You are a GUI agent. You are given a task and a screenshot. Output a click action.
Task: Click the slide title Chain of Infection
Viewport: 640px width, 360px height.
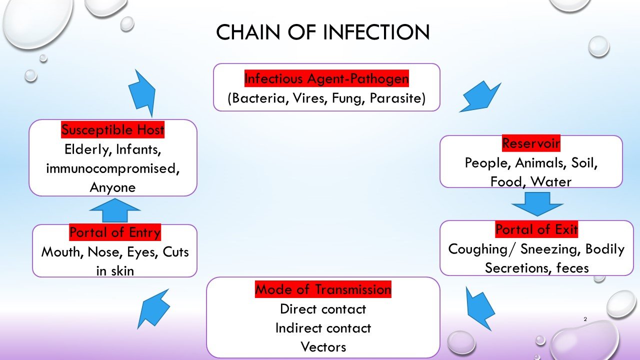[x=322, y=32]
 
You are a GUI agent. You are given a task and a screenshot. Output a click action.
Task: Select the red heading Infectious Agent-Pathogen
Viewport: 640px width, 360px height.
[x=326, y=79]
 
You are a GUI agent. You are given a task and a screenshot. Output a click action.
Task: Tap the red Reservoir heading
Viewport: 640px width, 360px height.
[x=531, y=143]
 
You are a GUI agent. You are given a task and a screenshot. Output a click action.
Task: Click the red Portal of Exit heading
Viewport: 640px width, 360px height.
[x=536, y=230]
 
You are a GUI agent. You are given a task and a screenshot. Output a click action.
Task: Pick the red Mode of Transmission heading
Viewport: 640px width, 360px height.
[x=323, y=289]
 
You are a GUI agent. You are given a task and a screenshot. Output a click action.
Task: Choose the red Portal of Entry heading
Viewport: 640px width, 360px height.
[x=115, y=232]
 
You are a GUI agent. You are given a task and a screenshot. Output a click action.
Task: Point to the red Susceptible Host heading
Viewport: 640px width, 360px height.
[x=113, y=130]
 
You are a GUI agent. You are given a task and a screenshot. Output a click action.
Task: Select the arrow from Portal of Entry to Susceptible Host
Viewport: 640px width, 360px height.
[x=114, y=210]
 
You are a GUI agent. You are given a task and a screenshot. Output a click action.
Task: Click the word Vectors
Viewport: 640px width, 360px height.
[x=323, y=346]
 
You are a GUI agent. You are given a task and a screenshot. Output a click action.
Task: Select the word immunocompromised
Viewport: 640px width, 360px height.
[x=113, y=168]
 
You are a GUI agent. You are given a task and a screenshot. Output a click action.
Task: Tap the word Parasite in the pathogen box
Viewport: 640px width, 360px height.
[x=397, y=98]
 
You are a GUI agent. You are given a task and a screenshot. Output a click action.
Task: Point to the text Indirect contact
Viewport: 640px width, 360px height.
[x=323, y=328]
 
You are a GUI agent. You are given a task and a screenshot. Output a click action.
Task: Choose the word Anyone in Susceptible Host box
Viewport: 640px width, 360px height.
[x=112, y=187]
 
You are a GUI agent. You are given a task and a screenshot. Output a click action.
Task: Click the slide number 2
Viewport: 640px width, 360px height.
[x=584, y=319]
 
